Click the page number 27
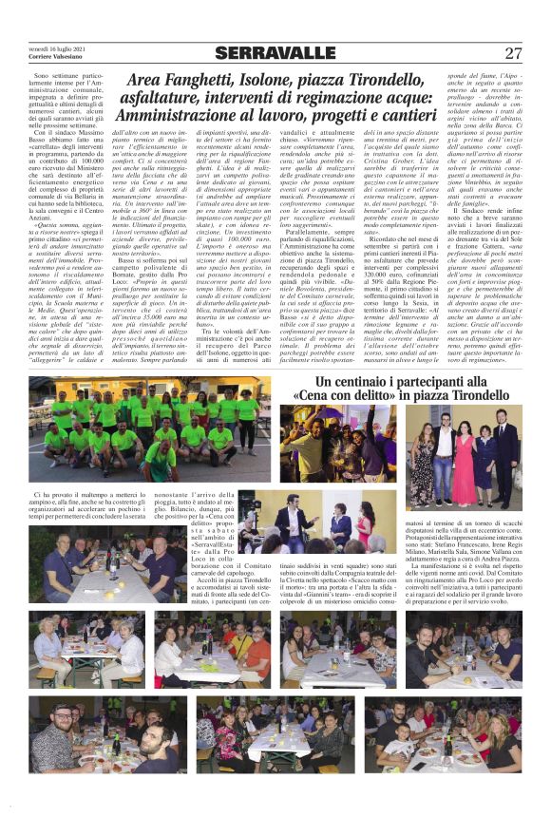(x=513, y=54)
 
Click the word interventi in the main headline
(x=249, y=103)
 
